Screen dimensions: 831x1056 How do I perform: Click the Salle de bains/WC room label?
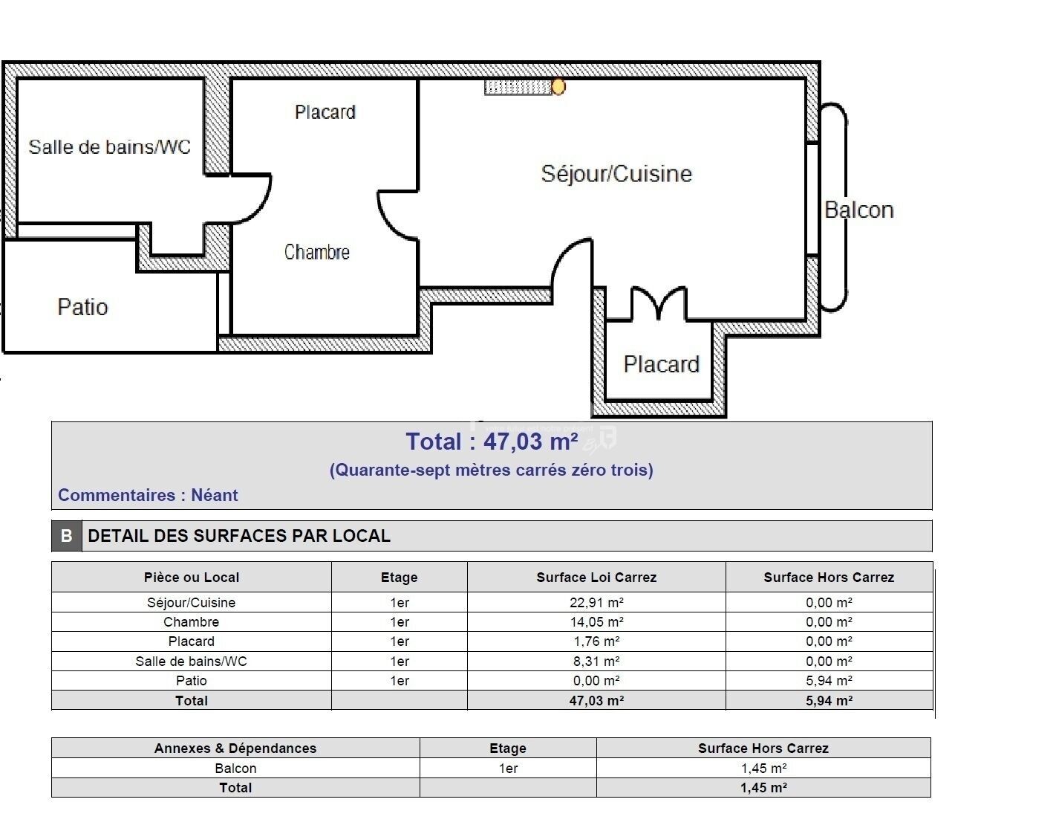tap(109, 146)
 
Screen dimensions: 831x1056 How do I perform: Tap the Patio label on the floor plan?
tap(82, 307)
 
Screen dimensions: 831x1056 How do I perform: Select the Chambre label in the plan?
tap(316, 252)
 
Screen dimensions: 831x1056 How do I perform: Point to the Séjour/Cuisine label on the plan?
tap(616, 173)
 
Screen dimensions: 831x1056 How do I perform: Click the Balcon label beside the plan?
tap(858, 210)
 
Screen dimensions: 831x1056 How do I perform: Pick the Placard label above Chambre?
tap(325, 112)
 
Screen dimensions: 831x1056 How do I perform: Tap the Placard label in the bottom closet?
tap(661, 364)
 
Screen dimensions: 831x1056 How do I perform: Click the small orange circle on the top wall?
tap(558, 87)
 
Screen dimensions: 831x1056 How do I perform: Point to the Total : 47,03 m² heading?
tap(492, 442)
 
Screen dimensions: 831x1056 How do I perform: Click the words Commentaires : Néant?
tap(148, 495)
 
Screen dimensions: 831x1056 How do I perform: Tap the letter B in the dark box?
tap(66, 536)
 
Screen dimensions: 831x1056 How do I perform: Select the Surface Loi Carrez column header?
tap(596, 578)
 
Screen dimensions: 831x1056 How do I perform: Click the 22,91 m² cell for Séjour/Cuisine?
tap(596, 603)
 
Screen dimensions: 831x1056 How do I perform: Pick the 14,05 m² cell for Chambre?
tap(596, 622)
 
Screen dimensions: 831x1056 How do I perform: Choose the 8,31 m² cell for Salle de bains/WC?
tap(596, 662)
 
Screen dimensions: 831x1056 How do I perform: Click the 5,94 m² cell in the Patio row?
tap(829, 681)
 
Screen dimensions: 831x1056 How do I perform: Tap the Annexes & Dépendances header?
tap(235, 748)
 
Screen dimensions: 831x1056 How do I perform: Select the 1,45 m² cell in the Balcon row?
tap(763, 769)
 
